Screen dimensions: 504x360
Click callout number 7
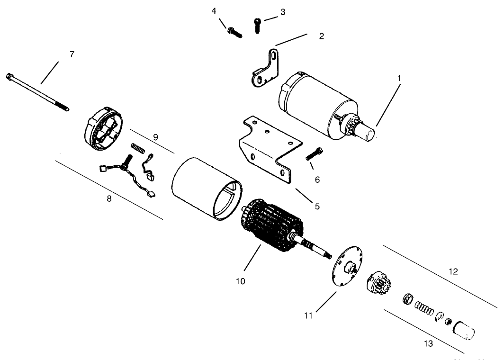72,54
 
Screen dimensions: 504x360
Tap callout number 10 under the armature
241,281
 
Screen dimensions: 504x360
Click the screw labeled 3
257,26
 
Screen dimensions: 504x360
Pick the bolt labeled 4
234,33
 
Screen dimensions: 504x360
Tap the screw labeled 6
315,153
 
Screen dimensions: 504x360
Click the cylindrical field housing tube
207,189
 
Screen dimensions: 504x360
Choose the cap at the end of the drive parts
464,330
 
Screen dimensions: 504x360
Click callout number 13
428,343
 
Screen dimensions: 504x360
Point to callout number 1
399,78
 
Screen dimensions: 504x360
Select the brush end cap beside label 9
103,129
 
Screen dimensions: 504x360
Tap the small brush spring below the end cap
138,148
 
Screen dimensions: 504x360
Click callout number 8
109,198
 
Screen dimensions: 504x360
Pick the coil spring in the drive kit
424,308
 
